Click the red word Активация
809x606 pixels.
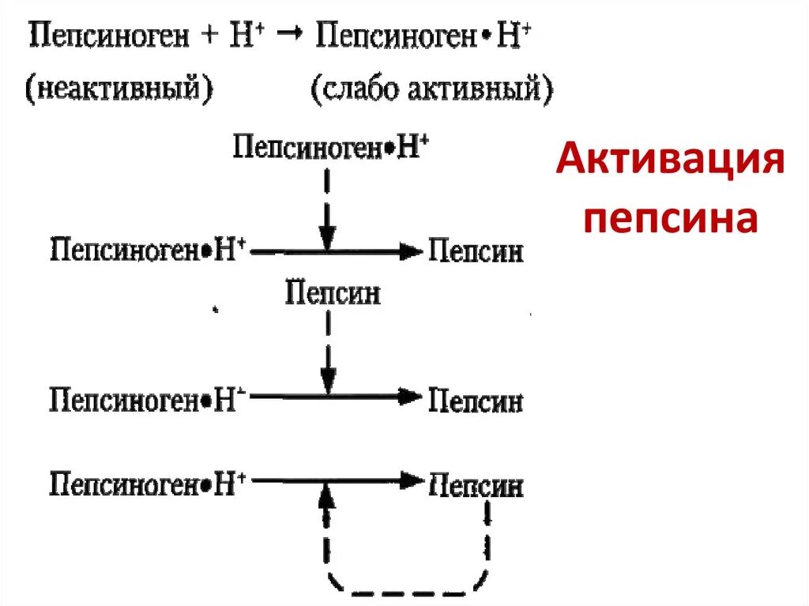click(x=670, y=164)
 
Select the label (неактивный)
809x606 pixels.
click(x=120, y=89)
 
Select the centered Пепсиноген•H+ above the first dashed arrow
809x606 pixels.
click(x=331, y=148)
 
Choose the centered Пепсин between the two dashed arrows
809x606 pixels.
click(x=333, y=293)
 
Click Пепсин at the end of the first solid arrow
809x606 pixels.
click(x=476, y=253)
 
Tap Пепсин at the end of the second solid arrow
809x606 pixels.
click(x=476, y=401)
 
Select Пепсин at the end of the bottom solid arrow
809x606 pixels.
click(x=476, y=484)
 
